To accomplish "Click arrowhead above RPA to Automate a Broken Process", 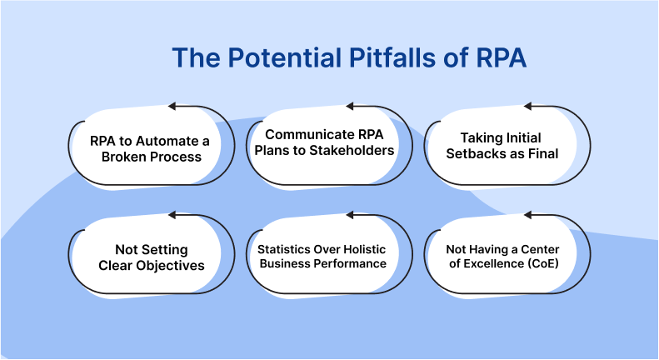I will click(172, 106).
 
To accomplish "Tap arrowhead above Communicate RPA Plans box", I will click(350, 106).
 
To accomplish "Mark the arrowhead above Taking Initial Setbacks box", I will click(527, 106).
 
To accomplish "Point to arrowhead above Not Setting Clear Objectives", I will click(172, 216).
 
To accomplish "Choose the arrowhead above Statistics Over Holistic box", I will click(350, 216).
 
